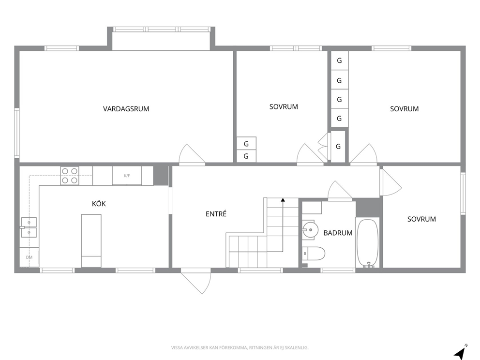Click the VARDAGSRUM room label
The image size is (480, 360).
coord(126,109)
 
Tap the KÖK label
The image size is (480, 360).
coord(99,204)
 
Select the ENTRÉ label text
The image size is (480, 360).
coord(216,214)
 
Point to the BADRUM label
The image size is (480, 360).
coord(338,233)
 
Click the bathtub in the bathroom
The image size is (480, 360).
coord(367,243)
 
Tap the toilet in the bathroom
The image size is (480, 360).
coord(313,254)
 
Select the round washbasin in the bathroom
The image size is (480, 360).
coord(310,229)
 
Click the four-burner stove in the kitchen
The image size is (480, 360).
coord(70,176)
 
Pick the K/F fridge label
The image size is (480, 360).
coord(127,176)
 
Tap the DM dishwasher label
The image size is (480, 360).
coord(29,257)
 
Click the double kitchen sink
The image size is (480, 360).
coord(29,227)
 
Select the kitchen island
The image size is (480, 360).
coord(91,240)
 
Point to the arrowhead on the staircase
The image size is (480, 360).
coord(283,200)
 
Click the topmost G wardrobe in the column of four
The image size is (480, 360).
coord(340,60)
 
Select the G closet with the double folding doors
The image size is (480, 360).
coord(338,146)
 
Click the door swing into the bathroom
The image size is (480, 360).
coord(339,191)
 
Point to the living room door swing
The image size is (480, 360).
coord(192,154)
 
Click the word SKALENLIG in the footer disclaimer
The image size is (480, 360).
coord(299,348)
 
